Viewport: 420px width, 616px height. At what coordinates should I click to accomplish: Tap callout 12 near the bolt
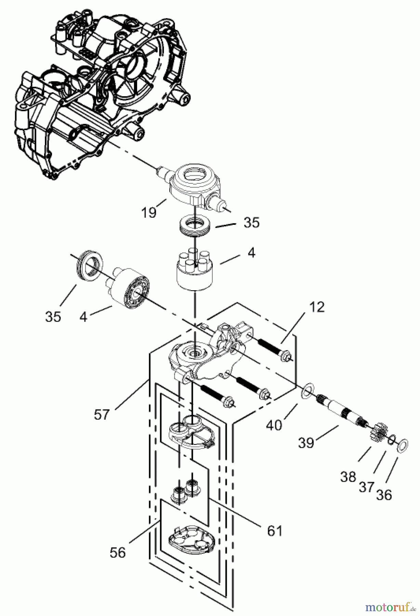pyautogui.click(x=318, y=307)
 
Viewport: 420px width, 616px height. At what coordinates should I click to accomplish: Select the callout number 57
pyautogui.click(x=102, y=415)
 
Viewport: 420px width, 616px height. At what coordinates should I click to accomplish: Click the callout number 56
pyautogui.click(x=118, y=553)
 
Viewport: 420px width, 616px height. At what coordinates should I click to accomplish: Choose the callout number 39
pyautogui.click(x=306, y=443)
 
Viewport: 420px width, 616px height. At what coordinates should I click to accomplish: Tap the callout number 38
pyautogui.click(x=348, y=476)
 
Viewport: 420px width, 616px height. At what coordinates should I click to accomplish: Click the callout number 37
pyautogui.click(x=366, y=486)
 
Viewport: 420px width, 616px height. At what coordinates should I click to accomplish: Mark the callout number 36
pyautogui.click(x=384, y=494)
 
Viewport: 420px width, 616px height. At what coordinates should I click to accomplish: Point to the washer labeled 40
pyautogui.click(x=307, y=390)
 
